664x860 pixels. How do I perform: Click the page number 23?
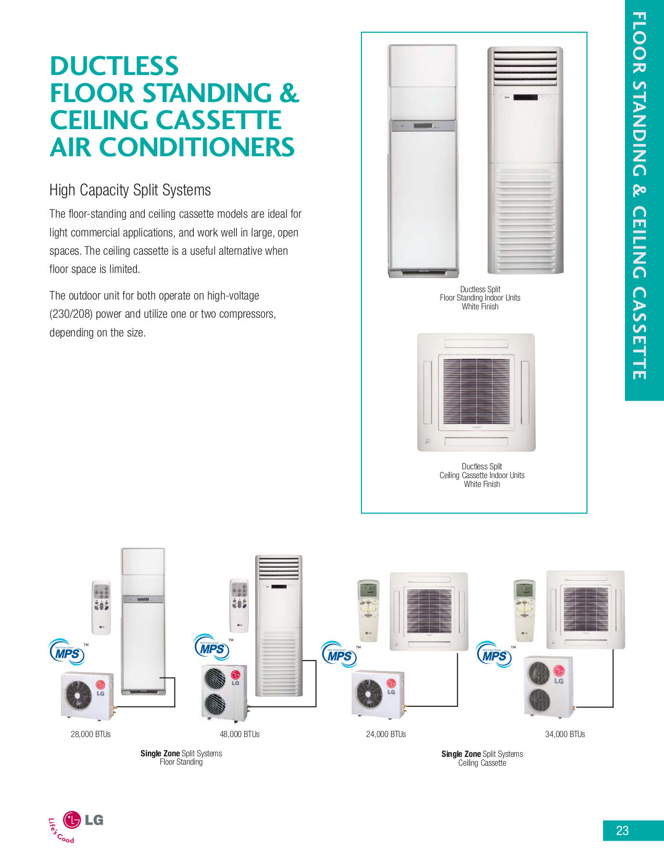pyautogui.click(x=622, y=830)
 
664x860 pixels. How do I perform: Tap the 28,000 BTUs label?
pyautogui.click(x=91, y=734)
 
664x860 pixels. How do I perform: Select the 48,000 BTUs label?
pyautogui.click(x=240, y=734)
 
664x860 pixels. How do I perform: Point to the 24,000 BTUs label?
pyautogui.click(x=386, y=734)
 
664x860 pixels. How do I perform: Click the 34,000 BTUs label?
pyautogui.click(x=565, y=734)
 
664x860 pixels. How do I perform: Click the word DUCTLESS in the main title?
pyautogui.click(x=114, y=66)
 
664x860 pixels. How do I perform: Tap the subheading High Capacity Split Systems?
pyautogui.click(x=130, y=190)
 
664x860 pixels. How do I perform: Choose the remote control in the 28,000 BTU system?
pyautogui.click(x=101, y=606)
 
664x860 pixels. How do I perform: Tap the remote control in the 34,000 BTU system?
pyautogui.click(x=524, y=609)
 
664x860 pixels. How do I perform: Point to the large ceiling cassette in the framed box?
pyautogui.click(x=476, y=392)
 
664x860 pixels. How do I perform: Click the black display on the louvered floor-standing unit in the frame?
pyautogui.click(x=525, y=97)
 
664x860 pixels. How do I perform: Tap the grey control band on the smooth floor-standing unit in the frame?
pyautogui.click(x=423, y=126)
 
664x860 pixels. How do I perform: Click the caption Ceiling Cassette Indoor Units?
pyautogui.click(x=482, y=475)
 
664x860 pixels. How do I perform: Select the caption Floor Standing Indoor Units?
pyautogui.click(x=480, y=298)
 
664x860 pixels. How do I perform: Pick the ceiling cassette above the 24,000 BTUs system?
pyautogui.click(x=429, y=611)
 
